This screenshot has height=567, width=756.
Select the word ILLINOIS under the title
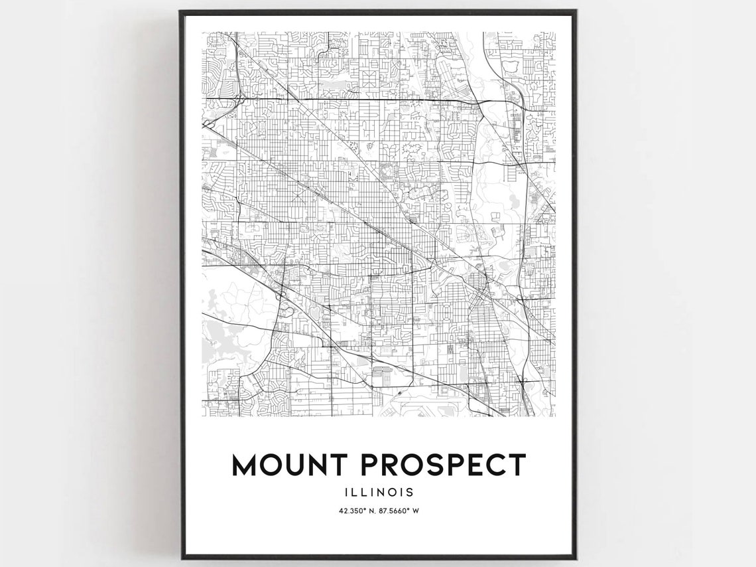click(379, 492)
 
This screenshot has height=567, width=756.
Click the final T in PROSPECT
click(516, 465)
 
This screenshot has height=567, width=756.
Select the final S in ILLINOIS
click(410, 492)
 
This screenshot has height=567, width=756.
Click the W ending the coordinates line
click(418, 511)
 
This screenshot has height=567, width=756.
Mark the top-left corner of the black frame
click(180, 11)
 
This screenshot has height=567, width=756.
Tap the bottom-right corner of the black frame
click(576, 559)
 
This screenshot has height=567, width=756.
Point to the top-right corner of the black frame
click(576, 11)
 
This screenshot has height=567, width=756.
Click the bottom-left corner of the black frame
click(180, 559)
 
